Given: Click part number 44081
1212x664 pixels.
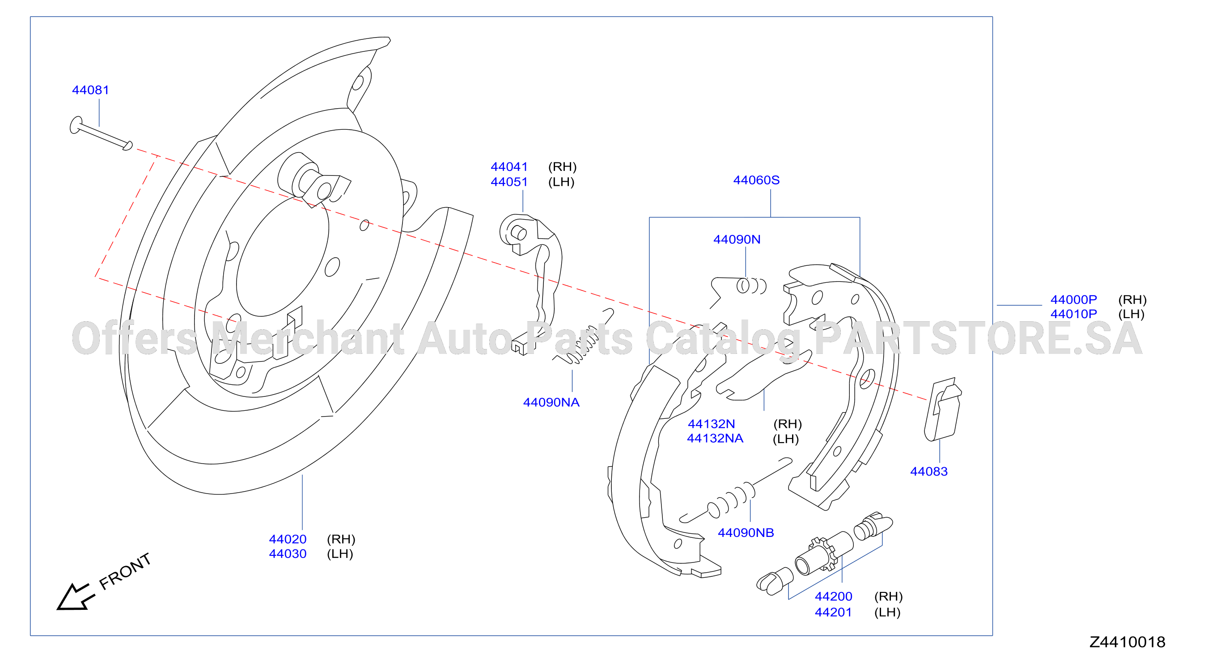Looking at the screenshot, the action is [90, 90].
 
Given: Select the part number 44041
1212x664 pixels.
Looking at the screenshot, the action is [509, 166].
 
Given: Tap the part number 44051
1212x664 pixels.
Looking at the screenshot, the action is [509, 182].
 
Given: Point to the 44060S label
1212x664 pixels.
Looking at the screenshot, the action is [756, 180].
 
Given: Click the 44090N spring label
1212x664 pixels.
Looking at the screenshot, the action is [737, 239].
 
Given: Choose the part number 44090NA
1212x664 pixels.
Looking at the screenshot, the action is [551, 402].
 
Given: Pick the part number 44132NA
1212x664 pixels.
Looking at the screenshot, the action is [715, 438].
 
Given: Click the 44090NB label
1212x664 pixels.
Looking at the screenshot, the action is [746, 532].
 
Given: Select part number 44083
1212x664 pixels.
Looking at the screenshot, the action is [929, 471].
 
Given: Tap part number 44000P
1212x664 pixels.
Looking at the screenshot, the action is [1074, 299].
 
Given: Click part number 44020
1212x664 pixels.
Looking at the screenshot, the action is [288, 539].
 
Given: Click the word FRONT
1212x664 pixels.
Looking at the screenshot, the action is [125, 571].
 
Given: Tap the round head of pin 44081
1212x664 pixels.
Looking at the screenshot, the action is [75, 125].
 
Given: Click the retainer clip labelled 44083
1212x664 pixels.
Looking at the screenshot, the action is [943, 409].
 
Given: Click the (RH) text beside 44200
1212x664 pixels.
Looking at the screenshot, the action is [888, 596].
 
